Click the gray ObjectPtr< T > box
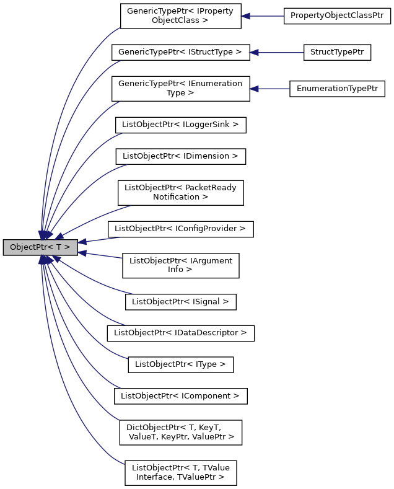tap(40, 247)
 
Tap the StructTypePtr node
tap(336, 53)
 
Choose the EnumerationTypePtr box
tap(337, 89)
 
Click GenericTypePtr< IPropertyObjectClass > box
tap(180, 16)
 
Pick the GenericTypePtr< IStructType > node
tap(180, 53)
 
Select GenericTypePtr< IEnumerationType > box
tap(180, 89)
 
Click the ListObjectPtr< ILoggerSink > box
tap(180, 125)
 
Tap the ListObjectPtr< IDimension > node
tap(180, 156)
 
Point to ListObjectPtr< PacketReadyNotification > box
tap(180, 193)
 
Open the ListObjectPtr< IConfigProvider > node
tap(180, 229)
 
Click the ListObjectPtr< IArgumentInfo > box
tap(180, 265)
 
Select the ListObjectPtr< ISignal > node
tap(180, 302)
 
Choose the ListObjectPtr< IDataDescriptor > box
tap(180, 333)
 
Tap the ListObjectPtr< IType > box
tap(180, 364)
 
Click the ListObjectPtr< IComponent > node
tap(180, 395)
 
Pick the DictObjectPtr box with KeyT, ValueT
tap(180, 432)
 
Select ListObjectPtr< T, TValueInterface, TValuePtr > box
tap(180, 472)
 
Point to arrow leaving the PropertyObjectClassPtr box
tap(263, 17)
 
